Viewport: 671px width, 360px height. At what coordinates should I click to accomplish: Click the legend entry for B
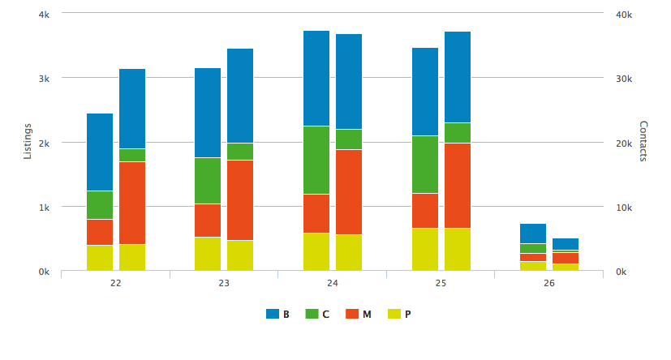pyautogui.click(x=278, y=314)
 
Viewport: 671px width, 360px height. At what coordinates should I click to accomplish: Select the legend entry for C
pyautogui.click(x=318, y=314)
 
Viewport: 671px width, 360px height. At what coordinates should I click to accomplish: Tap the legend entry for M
pyautogui.click(x=359, y=314)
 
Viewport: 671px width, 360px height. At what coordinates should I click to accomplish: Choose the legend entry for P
pyautogui.click(x=399, y=314)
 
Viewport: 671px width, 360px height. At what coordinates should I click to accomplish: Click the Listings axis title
pyautogui.click(x=28, y=141)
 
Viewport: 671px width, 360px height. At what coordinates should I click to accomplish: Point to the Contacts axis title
pyautogui.click(x=643, y=141)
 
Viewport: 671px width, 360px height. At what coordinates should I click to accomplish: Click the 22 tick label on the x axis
pyautogui.click(x=115, y=283)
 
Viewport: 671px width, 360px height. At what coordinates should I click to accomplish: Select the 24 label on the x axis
pyautogui.click(x=333, y=283)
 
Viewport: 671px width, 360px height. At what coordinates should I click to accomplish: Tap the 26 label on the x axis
pyautogui.click(x=549, y=283)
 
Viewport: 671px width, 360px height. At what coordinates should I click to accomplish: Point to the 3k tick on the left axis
pyautogui.click(x=45, y=79)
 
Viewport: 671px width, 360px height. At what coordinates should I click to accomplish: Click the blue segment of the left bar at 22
pyautogui.click(x=100, y=152)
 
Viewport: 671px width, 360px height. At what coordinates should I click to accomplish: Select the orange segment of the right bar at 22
pyautogui.click(x=132, y=203)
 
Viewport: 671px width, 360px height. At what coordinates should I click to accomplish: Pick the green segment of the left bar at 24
pyautogui.click(x=316, y=160)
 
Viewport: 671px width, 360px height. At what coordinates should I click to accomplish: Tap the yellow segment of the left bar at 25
pyautogui.click(x=425, y=249)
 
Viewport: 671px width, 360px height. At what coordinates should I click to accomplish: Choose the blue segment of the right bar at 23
pyautogui.click(x=240, y=96)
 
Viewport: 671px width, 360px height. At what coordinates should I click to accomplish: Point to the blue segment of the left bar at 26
pyautogui.click(x=533, y=233)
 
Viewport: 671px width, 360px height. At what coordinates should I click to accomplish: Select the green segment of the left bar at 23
pyautogui.click(x=208, y=180)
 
